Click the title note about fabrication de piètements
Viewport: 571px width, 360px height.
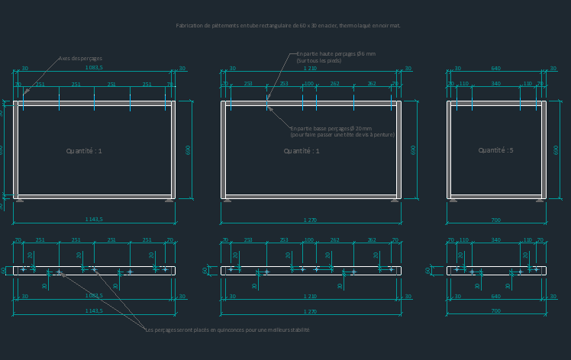tap(288, 26)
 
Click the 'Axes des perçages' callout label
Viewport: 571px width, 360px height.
tap(80, 59)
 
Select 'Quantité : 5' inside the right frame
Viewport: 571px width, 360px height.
tap(495, 151)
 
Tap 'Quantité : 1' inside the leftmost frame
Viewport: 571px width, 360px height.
tap(84, 151)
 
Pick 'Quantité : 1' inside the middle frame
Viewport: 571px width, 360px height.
tap(302, 151)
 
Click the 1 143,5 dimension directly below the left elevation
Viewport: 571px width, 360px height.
tap(94, 220)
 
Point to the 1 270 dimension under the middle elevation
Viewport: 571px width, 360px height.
tap(310, 220)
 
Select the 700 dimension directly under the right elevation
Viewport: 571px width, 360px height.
tap(495, 220)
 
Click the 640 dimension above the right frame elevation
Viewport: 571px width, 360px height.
tap(495, 69)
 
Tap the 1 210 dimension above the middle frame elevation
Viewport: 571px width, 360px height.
tap(310, 69)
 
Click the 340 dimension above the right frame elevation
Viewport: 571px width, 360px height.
tap(495, 84)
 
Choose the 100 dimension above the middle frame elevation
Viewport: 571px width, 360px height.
tap(308, 84)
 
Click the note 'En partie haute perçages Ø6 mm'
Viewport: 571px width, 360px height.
tap(336, 54)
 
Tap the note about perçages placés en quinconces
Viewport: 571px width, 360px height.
tap(227, 330)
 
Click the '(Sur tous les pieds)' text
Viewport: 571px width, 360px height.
tap(319, 61)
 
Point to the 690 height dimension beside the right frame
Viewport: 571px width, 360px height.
tap(556, 149)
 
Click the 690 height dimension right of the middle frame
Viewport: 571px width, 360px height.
tap(414, 149)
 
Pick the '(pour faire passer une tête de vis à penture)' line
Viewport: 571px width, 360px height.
tap(342, 135)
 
